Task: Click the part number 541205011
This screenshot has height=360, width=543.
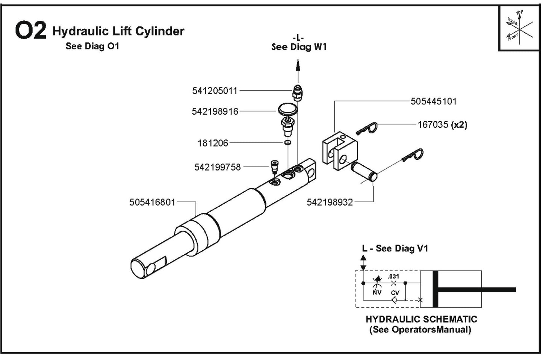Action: click(215, 91)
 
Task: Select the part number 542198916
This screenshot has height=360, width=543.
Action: click(215, 112)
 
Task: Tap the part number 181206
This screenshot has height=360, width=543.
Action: click(213, 143)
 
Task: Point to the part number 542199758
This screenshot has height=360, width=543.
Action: click(217, 167)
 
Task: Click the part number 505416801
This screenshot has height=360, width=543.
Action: click(152, 203)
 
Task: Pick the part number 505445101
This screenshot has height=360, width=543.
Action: click(433, 101)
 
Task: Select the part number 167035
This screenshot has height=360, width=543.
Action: click(433, 125)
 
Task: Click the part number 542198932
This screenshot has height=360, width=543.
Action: click(330, 203)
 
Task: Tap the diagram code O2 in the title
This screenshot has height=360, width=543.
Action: click(30, 31)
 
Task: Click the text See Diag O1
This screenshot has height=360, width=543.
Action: click(92, 46)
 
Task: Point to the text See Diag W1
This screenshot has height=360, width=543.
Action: click(299, 47)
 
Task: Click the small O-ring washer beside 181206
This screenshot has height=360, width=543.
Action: click(287, 143)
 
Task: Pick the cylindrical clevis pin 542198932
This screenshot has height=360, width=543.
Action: click(364, 172)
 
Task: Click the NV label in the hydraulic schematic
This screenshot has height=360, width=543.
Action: click(377, 292)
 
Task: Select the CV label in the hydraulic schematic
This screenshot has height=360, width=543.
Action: click(395, 293)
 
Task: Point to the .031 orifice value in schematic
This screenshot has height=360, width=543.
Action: click(393, 277)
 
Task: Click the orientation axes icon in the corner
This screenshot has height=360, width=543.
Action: click(520, 29)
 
